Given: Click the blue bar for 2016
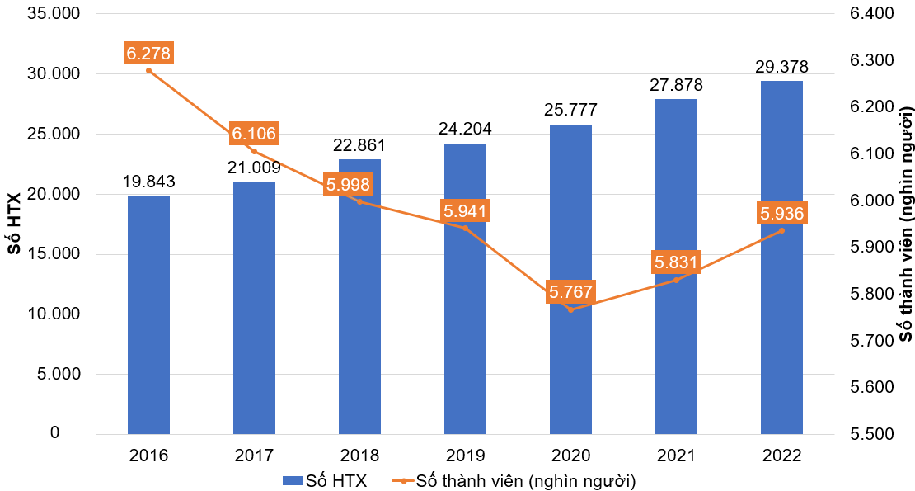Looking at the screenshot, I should [x=148, y=314].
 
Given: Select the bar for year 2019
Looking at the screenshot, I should [x=465, y=289].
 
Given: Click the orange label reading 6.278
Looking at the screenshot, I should [x=148, y=54].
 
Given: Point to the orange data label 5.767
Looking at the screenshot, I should [x=570, y=292].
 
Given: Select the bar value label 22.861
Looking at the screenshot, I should [x=359, y=146].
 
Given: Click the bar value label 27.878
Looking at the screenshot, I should [x=676, y=85].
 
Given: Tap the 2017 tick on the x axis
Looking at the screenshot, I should [x=254, y=455].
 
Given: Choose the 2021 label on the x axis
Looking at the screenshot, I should [x=676, y=455].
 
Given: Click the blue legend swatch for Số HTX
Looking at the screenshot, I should [x=293, y=479].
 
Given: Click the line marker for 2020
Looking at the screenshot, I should [x=570, y=309].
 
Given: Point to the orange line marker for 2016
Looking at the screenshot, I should [x=148, y=71].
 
